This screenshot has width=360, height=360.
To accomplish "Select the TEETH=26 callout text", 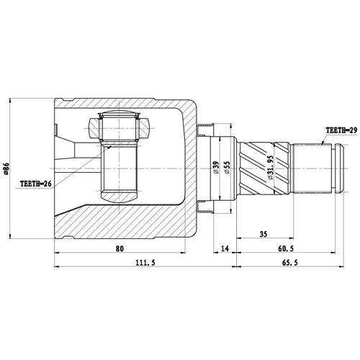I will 36,184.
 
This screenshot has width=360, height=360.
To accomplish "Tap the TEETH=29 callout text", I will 341,130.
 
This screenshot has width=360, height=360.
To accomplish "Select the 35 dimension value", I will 264,235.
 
